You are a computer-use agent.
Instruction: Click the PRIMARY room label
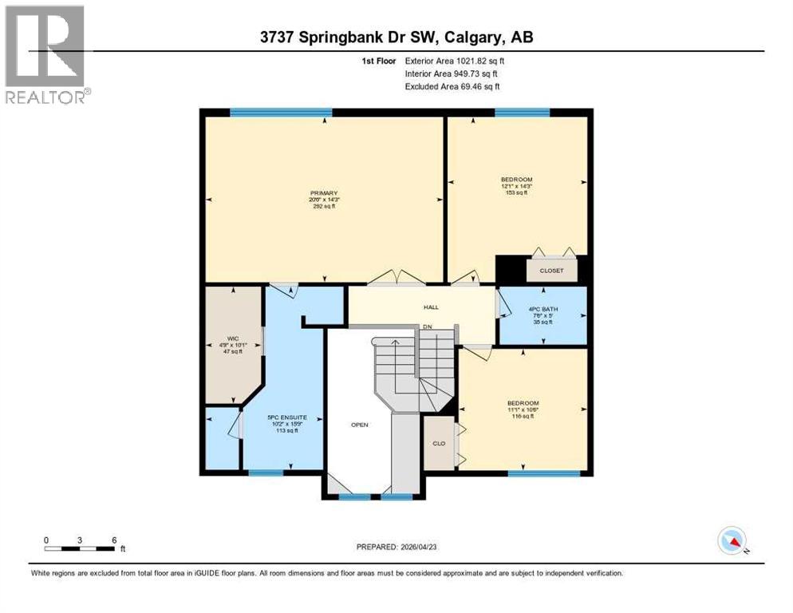[324, 193]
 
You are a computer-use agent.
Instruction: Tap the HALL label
[431, 307]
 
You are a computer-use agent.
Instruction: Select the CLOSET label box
[552, 271]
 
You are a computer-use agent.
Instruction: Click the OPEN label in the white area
[360, 425]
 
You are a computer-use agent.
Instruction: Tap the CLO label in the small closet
[438, 443]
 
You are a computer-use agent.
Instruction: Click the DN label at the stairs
[428, 327]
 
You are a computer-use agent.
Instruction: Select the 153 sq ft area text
[516, 192]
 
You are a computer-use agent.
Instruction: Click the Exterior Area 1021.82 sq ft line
[456, 61]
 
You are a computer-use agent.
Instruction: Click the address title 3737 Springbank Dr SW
[397, 37]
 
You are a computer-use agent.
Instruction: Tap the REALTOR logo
[46, 53]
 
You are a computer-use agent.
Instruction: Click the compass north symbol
[732, 541]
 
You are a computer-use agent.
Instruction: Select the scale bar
[80, 548]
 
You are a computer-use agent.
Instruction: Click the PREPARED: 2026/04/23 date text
[396, 548]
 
